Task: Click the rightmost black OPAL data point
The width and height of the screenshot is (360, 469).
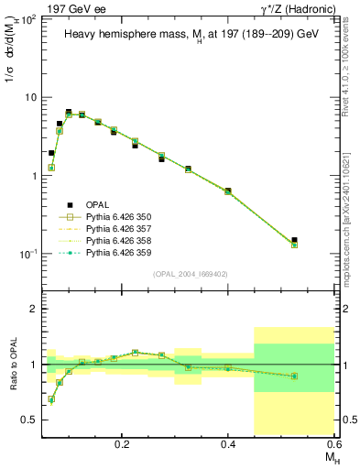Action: point(294,240)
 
